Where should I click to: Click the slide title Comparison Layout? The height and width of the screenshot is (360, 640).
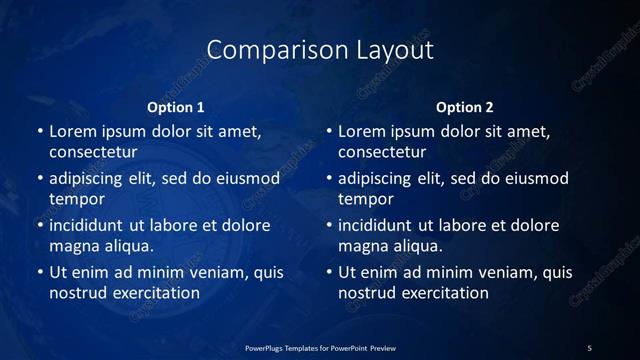(320, 50)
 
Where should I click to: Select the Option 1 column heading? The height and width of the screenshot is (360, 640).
(176, 107)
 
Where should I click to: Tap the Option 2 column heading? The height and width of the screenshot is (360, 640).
(465, 107)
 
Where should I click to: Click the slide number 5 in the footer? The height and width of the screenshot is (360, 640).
(590, 347)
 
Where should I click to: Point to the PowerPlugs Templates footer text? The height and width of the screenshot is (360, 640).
(320, 347)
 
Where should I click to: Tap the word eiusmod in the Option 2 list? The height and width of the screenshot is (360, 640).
(533, 178)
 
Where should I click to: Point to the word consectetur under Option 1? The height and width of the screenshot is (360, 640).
(93, 152)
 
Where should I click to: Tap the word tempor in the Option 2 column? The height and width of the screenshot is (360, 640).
(365, 199)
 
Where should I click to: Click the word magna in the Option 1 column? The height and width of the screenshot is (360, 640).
(72, 246)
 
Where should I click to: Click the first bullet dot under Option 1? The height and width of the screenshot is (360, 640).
(39, 132)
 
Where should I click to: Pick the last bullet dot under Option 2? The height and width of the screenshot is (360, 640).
(328, 273)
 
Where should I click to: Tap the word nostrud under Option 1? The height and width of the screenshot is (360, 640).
(76, 293)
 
